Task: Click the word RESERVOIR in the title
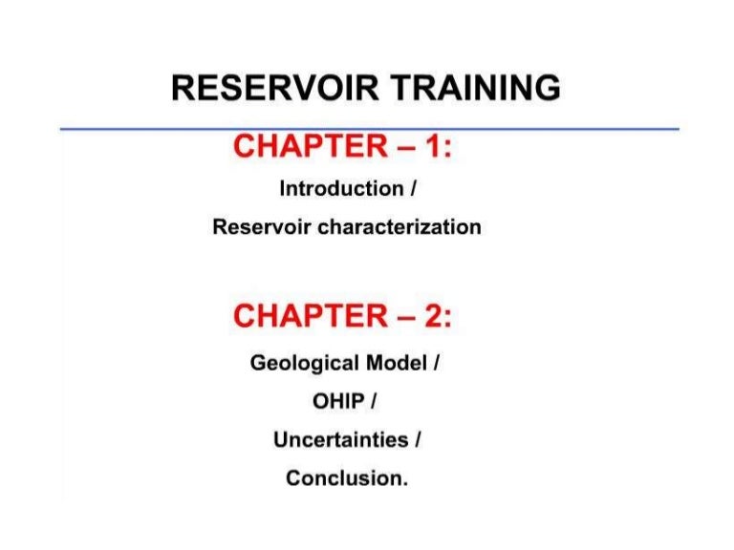pyautogui.click(x=267, y=88)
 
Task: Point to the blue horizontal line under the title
pyautogui.click(x=369, y=128)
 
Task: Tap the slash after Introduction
pyautogui.click(x=413, y=189)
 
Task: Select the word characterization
pyautogui.click(x=399, y=228)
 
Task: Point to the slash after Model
pyautogui.click(x=436, y=364)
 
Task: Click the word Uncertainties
pyautogui.click(x=341, y=440)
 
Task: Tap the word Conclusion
pyautogui.click(x=346, y=478)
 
